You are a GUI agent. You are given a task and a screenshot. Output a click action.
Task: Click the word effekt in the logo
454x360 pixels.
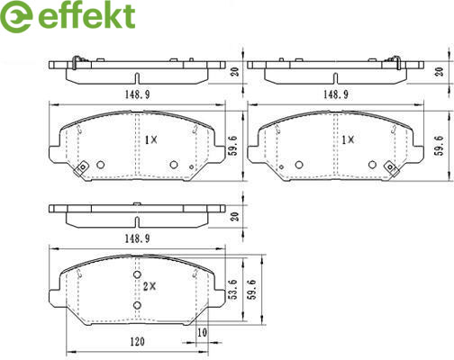point(86,15)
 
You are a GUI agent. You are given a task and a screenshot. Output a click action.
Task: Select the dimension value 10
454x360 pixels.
point(203,333)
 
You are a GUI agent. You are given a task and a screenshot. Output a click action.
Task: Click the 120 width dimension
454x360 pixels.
point(137,341)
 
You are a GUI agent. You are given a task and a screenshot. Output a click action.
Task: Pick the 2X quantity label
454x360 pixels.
point(150,287)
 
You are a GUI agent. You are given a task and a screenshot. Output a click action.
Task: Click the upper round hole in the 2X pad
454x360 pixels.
point(137,274)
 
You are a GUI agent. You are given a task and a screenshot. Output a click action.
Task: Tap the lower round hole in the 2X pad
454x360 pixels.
point(137,305)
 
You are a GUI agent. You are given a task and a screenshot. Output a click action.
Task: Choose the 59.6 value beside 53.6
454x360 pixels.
point(252,289)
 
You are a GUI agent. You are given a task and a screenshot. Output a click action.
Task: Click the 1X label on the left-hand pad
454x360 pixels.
point(151,139)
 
